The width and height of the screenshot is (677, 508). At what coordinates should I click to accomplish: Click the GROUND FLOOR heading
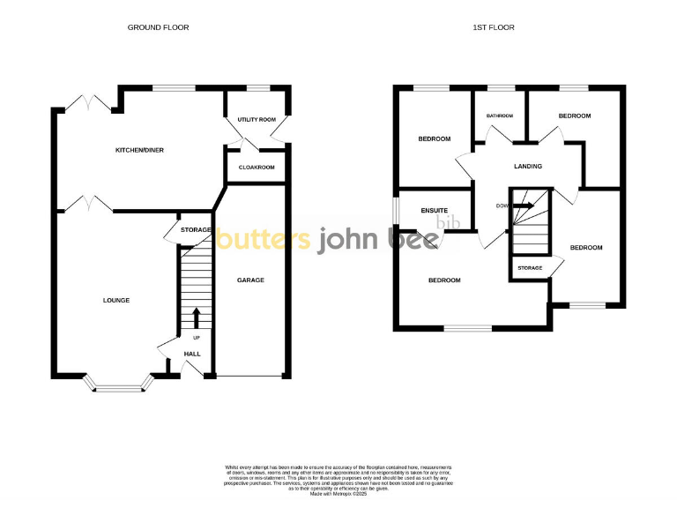tap(159, 27)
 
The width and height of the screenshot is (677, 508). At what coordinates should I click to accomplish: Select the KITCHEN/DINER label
tap(140, 150)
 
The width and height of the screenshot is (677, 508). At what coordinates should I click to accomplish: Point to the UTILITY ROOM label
tap(257, 119)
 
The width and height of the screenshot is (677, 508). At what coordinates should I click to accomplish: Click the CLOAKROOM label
tap(257, 167)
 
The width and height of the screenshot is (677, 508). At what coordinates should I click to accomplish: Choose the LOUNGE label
tap(116, 300)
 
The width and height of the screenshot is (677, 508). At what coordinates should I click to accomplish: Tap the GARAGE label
tap(250, 280)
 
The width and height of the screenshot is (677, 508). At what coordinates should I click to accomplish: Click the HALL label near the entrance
tap(192, 354)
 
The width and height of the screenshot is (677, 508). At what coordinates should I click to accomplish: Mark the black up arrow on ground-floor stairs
tap(196, 317)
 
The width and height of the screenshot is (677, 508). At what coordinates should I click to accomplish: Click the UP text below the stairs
tap(196, 337)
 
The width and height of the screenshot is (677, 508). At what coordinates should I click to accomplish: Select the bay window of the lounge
tap(117, 385)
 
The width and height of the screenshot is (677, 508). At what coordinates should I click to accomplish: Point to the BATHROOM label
tap(501, 116)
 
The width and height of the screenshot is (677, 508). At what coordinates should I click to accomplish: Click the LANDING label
tap(528, 166)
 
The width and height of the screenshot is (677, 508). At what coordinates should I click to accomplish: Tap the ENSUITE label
tap(435, 210)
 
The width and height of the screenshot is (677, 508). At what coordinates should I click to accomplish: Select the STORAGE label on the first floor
tap(530, 267)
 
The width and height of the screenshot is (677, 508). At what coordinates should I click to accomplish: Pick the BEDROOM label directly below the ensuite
tap(444, 280)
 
